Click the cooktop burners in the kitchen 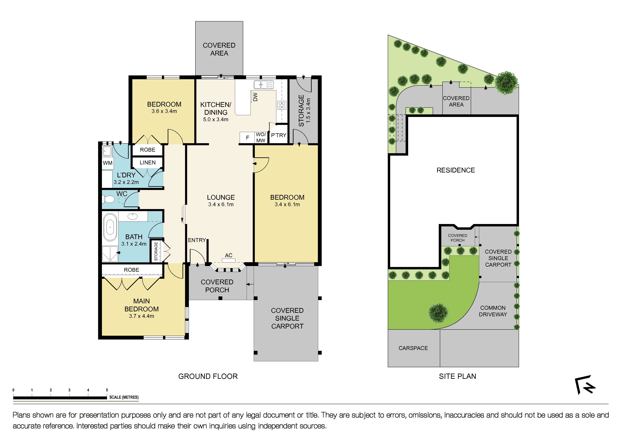pyautogui.click(x=282, y=105)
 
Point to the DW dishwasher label pyautogui.click(x=255, y=97)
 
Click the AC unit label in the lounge pyautogui.click(x=229, y=255)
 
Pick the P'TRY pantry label pyautogui.click(x=279, y=135)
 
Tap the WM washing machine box pyautogui.click(x=107, y=163)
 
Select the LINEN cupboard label pyautogui.click(x=148, y=163)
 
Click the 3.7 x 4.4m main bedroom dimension pyautogui.click(x=142, y=316)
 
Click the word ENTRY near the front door pyautogui.click(x=197, y=240)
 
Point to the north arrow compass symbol pyautogui.click(x=584, y=385)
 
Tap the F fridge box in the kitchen pyautogui.click(x=247, y=138)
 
